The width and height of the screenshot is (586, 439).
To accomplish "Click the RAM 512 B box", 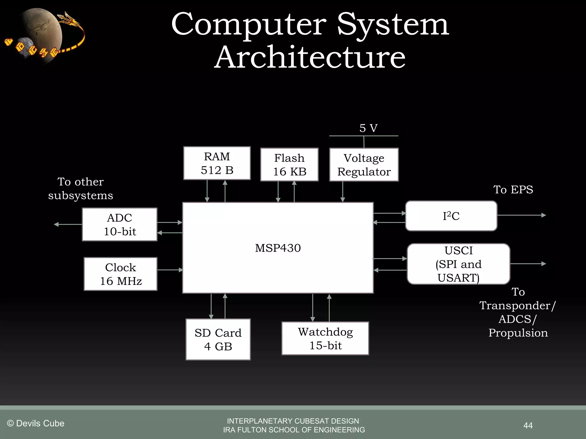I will (x=217, y=163).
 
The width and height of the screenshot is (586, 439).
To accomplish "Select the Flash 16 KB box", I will (x=289, y=165).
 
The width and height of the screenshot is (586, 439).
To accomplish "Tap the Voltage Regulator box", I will (x=364, y=165).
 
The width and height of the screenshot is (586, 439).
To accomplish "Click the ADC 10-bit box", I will (x=120, y=224).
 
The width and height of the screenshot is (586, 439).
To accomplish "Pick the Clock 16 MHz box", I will (x=120, y=274).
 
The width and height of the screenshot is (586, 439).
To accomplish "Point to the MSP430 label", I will (x=278, y=248).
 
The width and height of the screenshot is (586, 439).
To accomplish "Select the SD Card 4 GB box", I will (x=218, y=339).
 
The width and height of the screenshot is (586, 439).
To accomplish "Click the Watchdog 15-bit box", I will (x=325, y=338).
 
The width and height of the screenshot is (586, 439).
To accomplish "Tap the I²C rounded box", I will (x=451, y=216).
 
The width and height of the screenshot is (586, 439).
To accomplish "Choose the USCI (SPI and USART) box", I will (x=458, y=264).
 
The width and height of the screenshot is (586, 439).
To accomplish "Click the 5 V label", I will (x=368, y=128).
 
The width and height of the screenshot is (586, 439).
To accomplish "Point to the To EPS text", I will (x=513, y=190).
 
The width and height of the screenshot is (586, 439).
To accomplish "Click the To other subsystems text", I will (x=80, y=189).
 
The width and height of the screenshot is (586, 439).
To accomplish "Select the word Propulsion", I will (x=518, y=333).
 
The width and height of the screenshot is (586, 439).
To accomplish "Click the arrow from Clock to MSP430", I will (x=170, y=270).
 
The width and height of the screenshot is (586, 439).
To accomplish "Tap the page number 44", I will (x=528, y=425).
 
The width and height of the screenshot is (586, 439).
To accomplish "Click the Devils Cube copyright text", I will (x=36, y=423).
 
